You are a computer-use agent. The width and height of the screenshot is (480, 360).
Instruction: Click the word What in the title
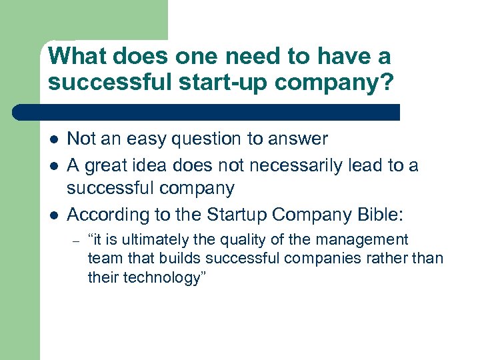tap(77, 56)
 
